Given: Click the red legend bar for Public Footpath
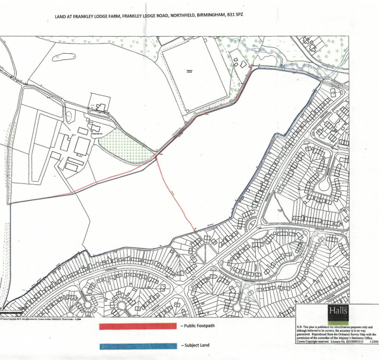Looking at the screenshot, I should (138, 327).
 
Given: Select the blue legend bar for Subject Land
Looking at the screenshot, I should (138, 346).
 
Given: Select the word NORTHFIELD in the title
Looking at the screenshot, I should (179, 15).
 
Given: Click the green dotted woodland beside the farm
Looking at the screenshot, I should (125, 144).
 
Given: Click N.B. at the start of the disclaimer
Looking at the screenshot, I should (299, 327).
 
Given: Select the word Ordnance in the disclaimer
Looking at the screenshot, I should (341, 334).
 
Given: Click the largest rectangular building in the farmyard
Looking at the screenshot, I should (82, 146).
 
